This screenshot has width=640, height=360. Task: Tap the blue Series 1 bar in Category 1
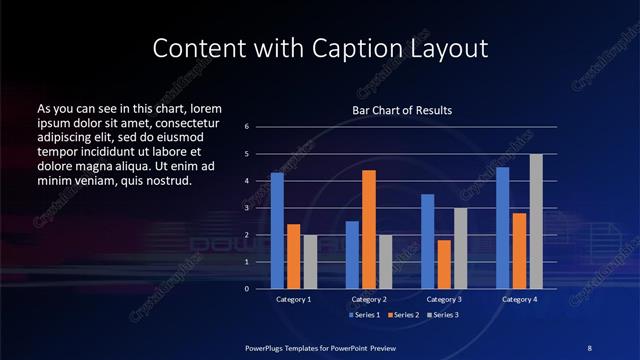click(x=277, y=230)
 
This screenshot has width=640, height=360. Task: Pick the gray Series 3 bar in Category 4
click(x=536, y=221)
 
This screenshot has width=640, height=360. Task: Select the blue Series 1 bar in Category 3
click(x=427, y=241)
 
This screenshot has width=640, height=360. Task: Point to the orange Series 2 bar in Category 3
click(x=444, y=264)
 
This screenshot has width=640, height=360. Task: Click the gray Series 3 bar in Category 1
click(x=310, y=261)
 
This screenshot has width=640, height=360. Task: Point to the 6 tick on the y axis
click(x=246, y=127)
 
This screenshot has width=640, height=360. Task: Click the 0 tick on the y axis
click(x=246, y=288)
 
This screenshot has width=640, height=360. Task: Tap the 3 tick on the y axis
click(x=246, y=208)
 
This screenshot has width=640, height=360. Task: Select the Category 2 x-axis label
click(x=369, y=299)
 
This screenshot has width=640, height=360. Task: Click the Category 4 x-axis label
click(x=519, y=299)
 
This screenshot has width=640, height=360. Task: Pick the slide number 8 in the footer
click(x=590, y=346)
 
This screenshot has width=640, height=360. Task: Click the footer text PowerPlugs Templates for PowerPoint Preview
click(x=321, y=346)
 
